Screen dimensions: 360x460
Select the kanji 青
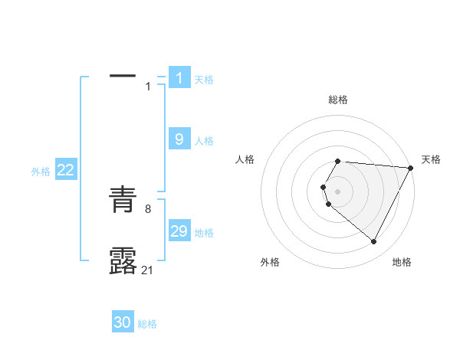pyautogui.click(x=123, y=201)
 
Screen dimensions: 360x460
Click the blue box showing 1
pyautogui.click(x=179, y=77)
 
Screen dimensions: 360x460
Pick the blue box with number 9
pyautogui.click(x=179, y=139)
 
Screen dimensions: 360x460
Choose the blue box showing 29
pyautogui.click(x=179, y=231)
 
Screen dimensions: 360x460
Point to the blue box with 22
pyautogui.click(x=66, y=170)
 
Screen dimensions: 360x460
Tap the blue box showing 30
pyautogui.click(x=123, y=322)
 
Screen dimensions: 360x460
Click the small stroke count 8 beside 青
pyautogui.click(x=148, y=208)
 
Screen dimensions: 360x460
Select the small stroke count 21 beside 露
pyautogui.click(x=149, y=269)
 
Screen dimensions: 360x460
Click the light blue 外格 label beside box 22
pyautogui.click(x=41, y=172)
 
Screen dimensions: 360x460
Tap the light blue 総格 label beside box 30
pyautogui.click(x=147, y=324)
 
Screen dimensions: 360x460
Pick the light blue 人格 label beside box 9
pyautogui.click(x=204, y=141)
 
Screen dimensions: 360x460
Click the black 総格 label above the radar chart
pyautogui.click(x=337, y=100)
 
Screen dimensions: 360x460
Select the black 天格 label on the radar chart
pyautogui.click(x=431, y=159)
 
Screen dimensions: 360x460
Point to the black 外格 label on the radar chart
pyautogui.click(x=270, y=262)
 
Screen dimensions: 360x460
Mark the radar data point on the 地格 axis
pyautogui.click(x=374, y=242)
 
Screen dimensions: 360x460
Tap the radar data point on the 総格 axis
pyautogui.click(x=337, y=161)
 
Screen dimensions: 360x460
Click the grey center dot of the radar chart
pyautogui.click(x=337, y=191)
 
